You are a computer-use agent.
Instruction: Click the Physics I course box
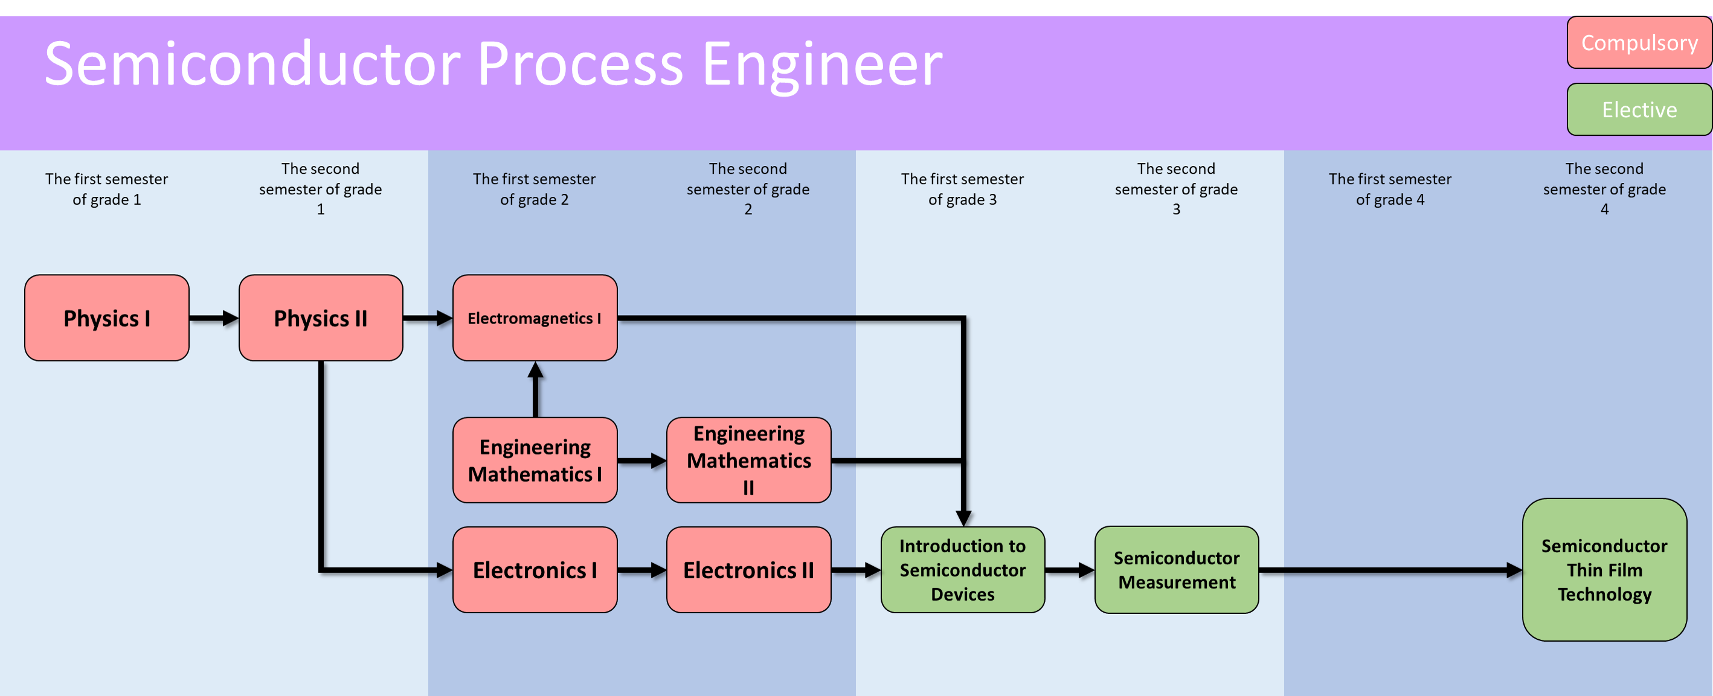click(106, 318)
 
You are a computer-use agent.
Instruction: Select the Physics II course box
click(321, 318)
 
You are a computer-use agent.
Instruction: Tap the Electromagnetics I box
click(535, 318)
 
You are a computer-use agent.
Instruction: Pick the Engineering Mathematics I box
click(535, 460)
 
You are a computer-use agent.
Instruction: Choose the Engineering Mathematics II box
click(749, 460)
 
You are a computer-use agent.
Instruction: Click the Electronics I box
click(535, 570)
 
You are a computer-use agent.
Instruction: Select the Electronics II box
click(749, 570)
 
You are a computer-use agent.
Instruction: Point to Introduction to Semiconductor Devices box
click(962, 570)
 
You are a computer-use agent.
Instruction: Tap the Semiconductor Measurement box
click(1177, 570)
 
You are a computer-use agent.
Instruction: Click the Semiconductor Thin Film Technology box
click(1604, 570)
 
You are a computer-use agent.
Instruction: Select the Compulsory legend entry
click(1639, 42)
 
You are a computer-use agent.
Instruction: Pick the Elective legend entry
click(1639, 110)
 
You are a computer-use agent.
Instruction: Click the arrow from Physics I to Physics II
click(213, 318)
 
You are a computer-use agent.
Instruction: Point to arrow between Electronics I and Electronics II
click(641, 570)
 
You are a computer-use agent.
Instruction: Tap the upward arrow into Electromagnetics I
click(535, 389)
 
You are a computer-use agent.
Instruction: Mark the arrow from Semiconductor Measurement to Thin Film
click(1390, 570)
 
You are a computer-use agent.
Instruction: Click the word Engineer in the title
click(822, 64)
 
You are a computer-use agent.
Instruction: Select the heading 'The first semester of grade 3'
click(962, 189)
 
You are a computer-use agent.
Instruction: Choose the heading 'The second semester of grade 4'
click(1604, 189)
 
